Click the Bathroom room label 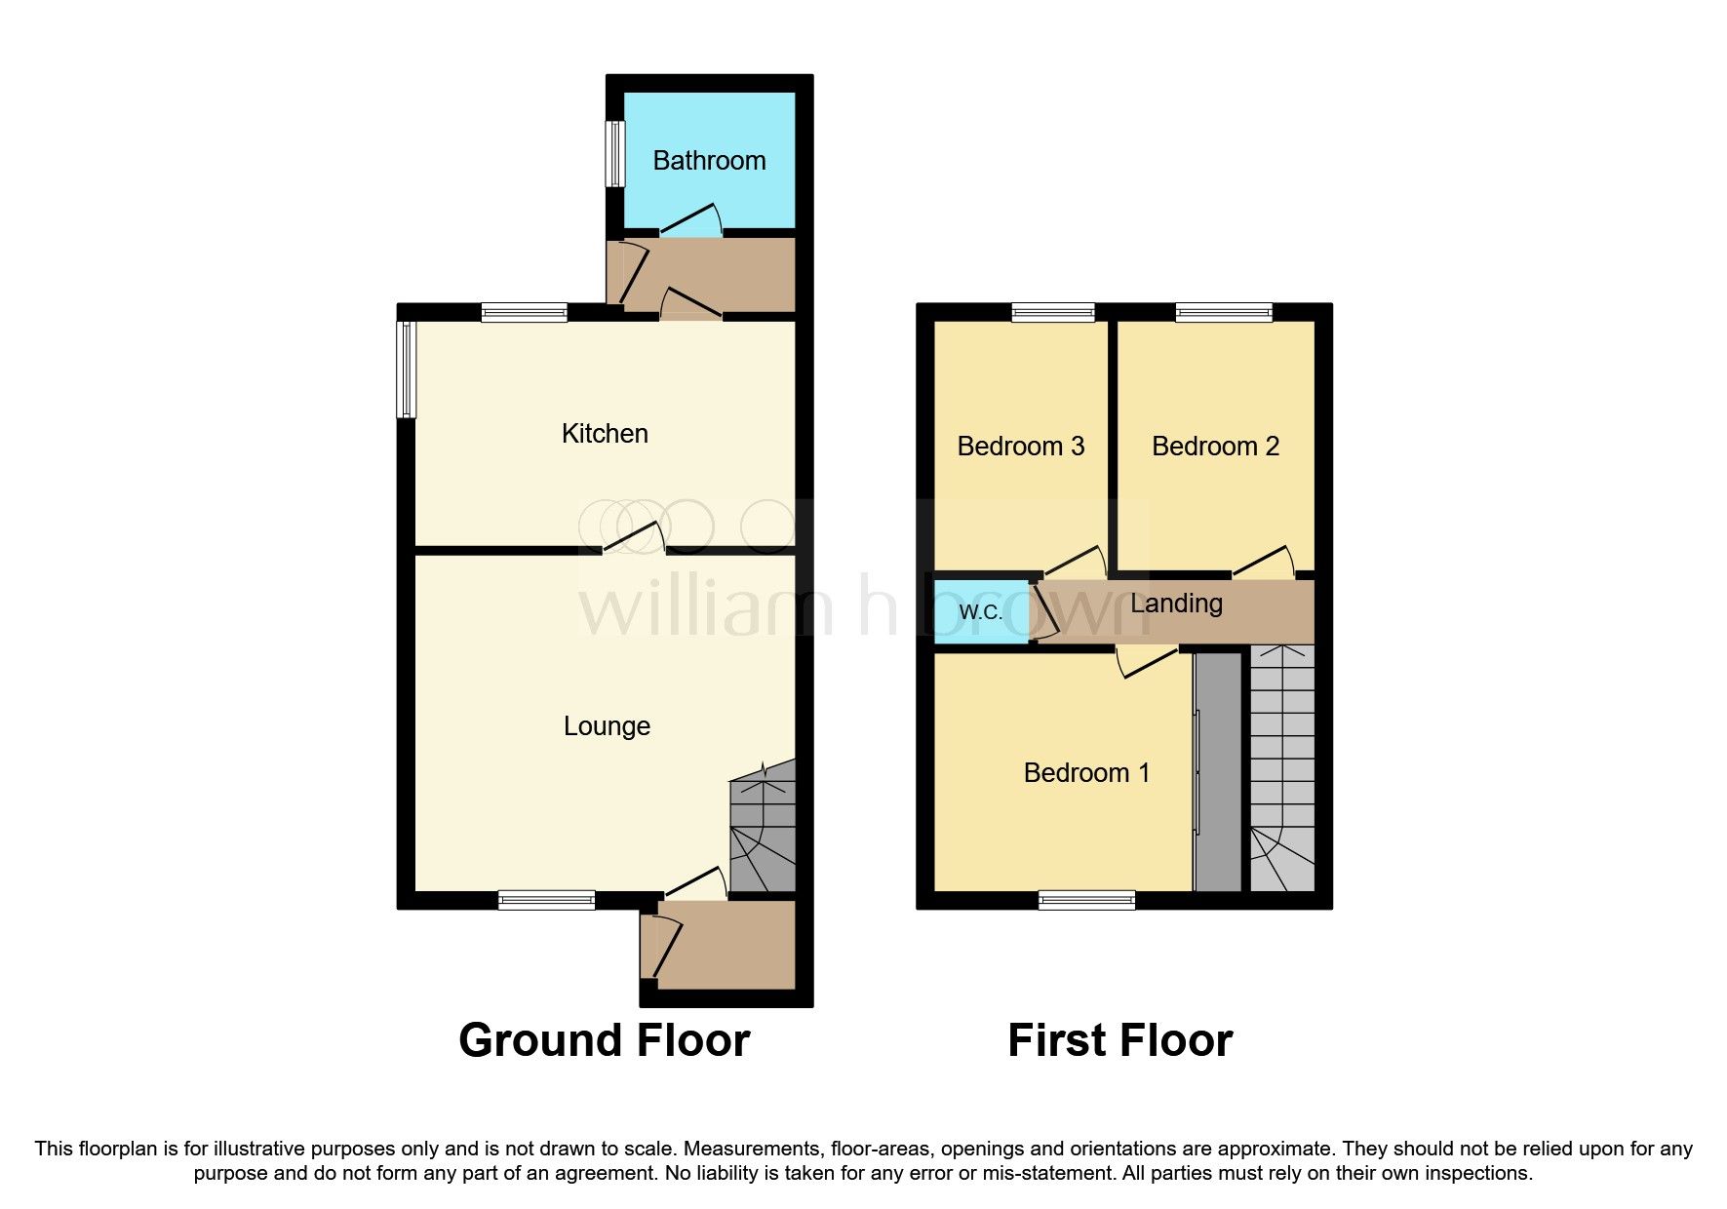point(709,161)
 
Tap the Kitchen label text point(605,434)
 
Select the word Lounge point(607,726)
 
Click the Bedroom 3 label point(1021,447)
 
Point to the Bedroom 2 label point(1215,447)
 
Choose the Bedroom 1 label point(1086,773)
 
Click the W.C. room point(981,612)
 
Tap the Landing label point(1176,604)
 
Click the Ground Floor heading point(604,1040)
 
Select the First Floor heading point(1119,1040)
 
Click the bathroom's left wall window point(614,153)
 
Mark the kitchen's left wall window point(407,370)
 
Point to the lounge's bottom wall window point(546,900)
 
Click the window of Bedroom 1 point(1086,900)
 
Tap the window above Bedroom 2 point(1224,313)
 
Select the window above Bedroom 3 point(1053,313)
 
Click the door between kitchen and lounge point(634,538)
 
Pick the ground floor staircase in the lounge point(763,829)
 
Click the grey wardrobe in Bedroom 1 point(1218,770)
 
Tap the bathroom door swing point(690,222)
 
